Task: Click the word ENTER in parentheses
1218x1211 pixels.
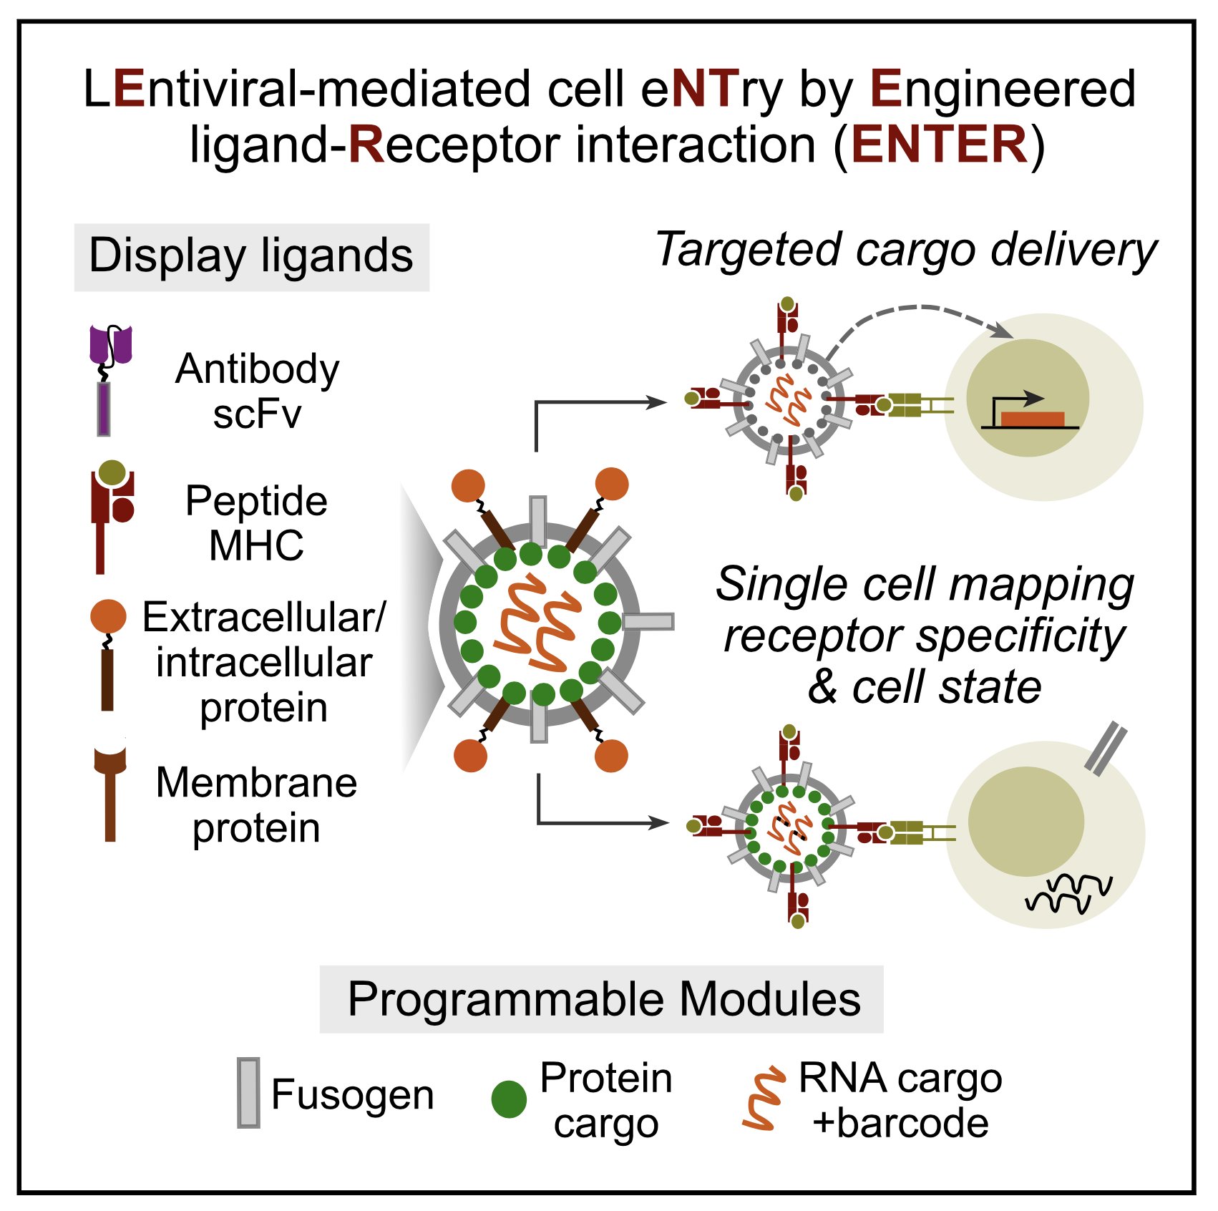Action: (x=940, y=145)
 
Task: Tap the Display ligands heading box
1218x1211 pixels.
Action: (x=251, y=256)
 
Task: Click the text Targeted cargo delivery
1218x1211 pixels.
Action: (x=905, y=250)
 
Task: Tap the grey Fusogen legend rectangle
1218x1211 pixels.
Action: (x=248, y=1093)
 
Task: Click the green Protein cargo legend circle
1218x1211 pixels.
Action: (x=509, y=1099)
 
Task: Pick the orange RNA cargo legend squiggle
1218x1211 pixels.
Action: (x=762, y=1099)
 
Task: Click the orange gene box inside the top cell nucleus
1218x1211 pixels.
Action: (x=1031, y=419)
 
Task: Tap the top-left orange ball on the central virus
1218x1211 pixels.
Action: (x=469, y=485)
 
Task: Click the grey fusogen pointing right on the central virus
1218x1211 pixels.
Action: (x=648, y=621)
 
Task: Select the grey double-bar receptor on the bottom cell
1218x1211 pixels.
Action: (x=1105, y=749)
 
